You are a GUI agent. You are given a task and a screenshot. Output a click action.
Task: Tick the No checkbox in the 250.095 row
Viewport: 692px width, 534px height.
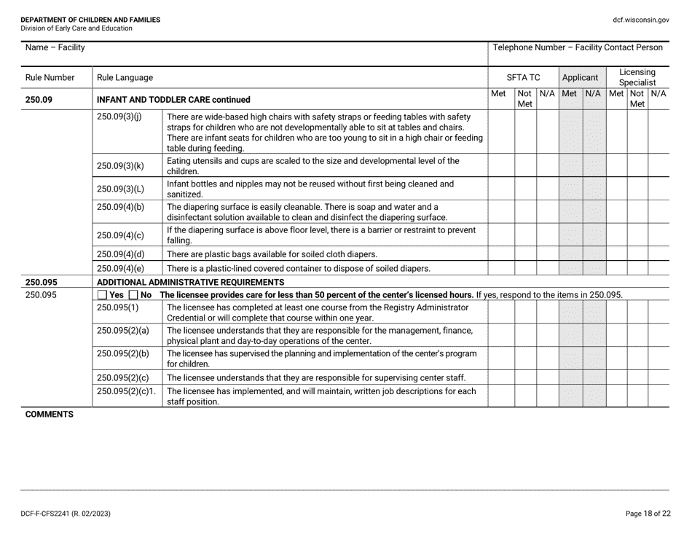(133, 294)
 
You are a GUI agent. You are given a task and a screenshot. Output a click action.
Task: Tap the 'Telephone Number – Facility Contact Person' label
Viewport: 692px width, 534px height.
(578, 48)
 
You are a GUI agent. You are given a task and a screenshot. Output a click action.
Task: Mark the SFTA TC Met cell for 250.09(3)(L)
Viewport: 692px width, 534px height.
(501, 189)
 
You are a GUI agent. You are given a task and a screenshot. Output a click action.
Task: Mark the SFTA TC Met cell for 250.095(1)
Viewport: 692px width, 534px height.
(501, 312)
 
